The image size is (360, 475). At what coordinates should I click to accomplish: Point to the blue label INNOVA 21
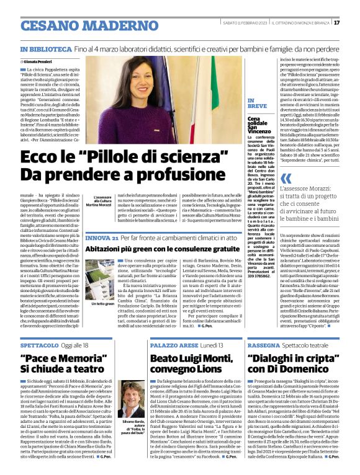pos(101,238)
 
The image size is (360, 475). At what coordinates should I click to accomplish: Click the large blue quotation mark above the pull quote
pos(286,179)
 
